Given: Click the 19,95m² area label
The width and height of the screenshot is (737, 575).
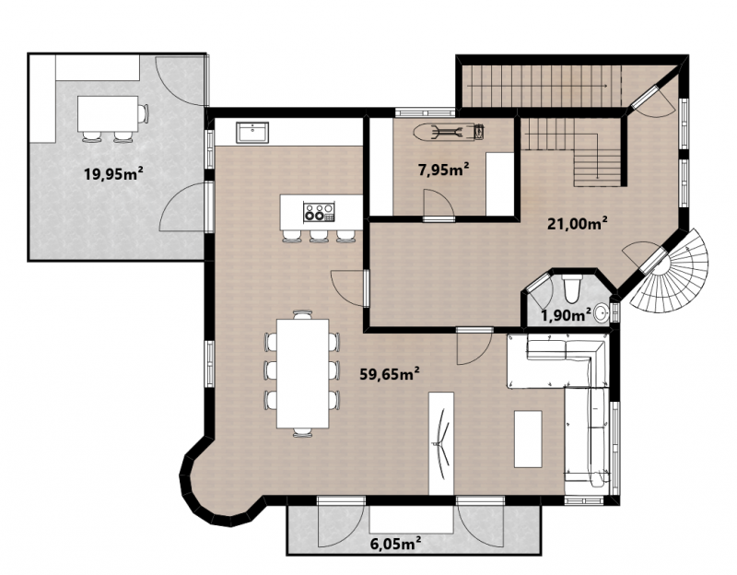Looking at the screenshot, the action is tap(113, 174).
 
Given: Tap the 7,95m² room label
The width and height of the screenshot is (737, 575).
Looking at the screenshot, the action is tap(444, 170).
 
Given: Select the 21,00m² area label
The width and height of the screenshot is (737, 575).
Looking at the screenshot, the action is tap(578, 223).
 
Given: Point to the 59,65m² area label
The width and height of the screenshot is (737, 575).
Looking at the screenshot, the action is tap(390, 374).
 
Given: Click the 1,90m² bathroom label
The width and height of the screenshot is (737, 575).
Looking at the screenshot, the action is tap(566, 315).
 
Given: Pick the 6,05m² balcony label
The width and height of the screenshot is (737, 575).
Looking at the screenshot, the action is tap(395, 544).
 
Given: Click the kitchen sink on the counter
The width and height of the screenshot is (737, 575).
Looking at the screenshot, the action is tap(252, 133).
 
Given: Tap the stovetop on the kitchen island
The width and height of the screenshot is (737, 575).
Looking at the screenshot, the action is tap(319, 212).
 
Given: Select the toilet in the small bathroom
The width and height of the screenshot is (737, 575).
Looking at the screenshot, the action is tap(571, 288).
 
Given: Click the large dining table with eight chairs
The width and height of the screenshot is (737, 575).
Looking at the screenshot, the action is tap(302, 374).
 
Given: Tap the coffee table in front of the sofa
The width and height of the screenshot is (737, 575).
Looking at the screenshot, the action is tap(528, 439).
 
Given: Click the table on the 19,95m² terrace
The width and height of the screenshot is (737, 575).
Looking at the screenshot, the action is tap(108, 113).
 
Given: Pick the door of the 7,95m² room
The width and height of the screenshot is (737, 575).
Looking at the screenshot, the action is tap(439, 205).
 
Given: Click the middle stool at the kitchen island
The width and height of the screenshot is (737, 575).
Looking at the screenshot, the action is tap(319, 237).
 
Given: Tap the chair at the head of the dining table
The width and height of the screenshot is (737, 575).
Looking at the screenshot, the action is tap(302, 314).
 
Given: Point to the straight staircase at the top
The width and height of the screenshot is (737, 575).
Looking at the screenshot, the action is tap(541, 86).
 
